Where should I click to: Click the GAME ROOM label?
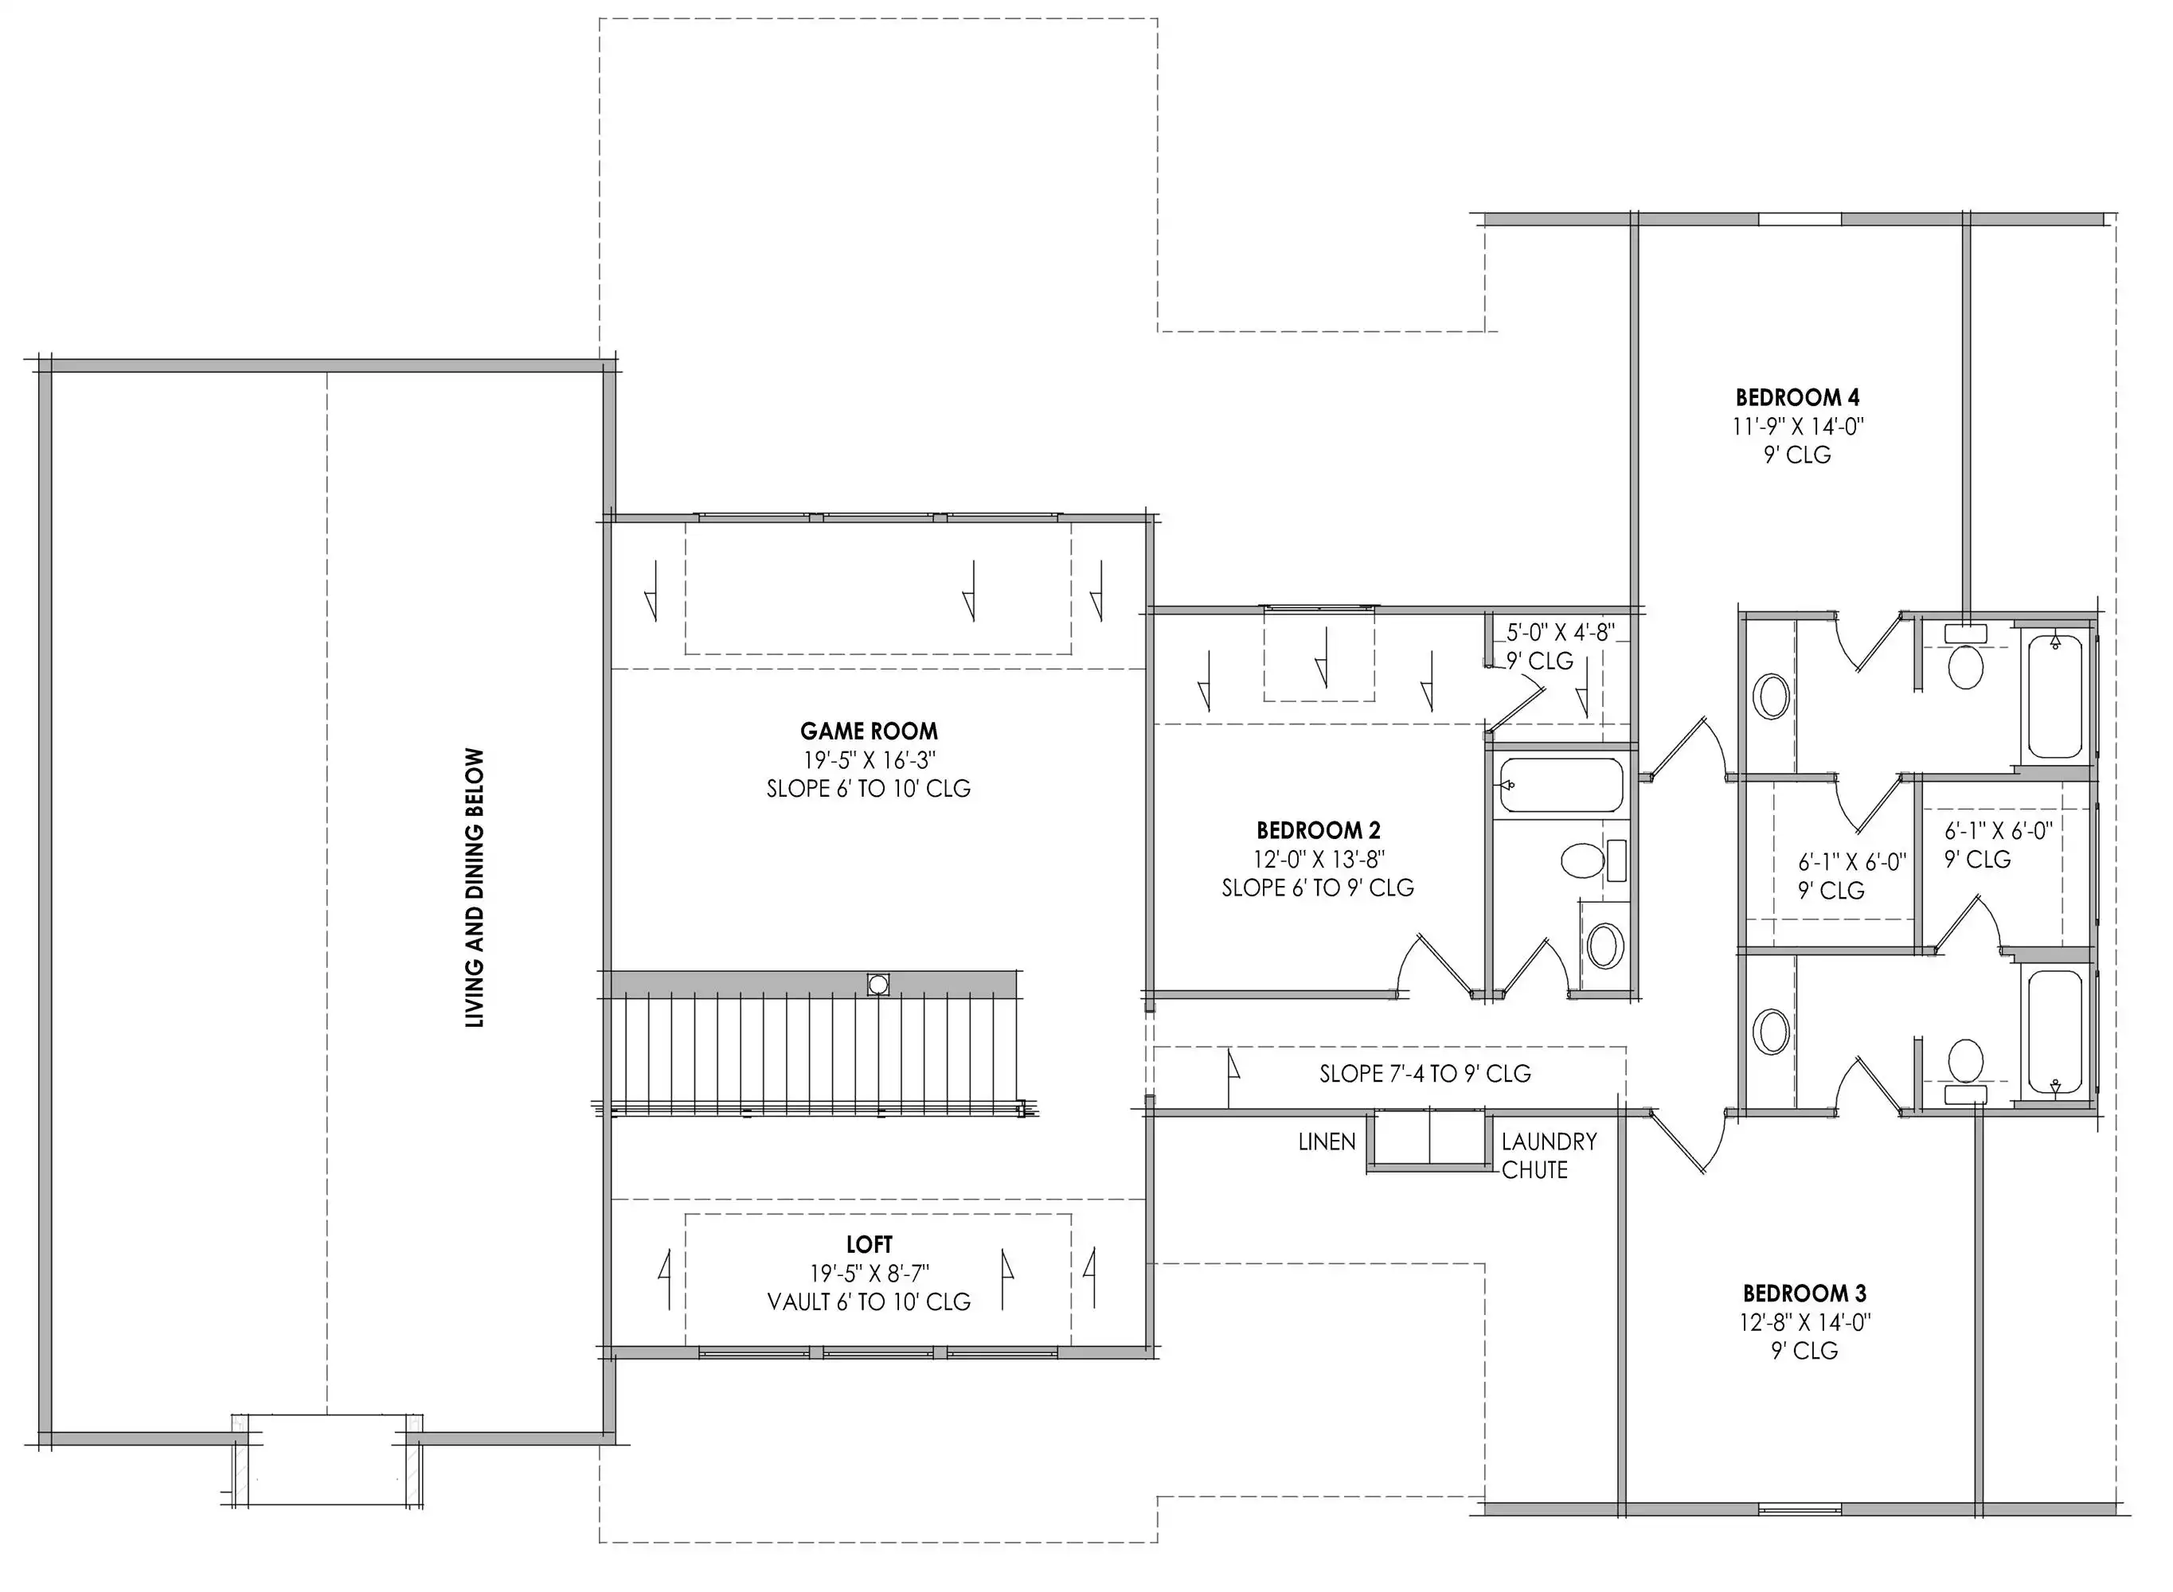click(869, 732)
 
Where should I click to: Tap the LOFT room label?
click(869, 1244)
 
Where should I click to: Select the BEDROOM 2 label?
click(1318, 829)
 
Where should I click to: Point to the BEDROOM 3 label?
click(1804, 1293)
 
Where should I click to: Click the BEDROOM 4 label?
click(1797, 397)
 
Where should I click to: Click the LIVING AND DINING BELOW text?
click(475, 888)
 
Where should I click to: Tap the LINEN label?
click(1327, 1142)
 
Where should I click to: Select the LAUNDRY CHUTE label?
click(1548, 1156)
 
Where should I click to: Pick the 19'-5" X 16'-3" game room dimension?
click(870, 760)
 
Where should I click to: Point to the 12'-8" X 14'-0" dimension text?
click(1804, 1322)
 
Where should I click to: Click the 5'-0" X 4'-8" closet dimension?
click(1561, 632)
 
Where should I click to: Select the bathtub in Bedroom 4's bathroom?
click(2054, 695)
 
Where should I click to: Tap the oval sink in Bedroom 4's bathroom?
click(1771, 696)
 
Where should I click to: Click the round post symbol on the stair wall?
click(877, 985)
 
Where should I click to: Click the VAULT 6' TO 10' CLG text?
click(869, 1302)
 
